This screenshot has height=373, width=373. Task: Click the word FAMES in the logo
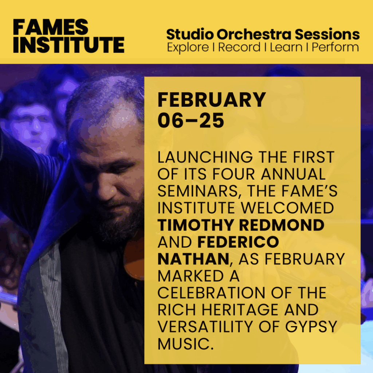[x=51, y=27]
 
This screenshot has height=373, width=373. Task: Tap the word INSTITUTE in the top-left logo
[x=69, y=44]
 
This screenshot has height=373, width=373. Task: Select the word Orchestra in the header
[x=254, y=34]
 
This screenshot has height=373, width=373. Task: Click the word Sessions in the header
[x=327, y=34]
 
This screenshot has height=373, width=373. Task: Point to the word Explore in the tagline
[x=188, y=48]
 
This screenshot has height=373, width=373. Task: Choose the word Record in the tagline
[x=239, y=47]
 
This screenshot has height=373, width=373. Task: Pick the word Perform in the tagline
[x=335, y=47]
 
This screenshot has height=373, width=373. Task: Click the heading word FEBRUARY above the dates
[x=212, y=100]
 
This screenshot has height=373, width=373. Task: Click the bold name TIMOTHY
[x=196, y=225]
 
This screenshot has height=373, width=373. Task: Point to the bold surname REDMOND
[x=282, y=225]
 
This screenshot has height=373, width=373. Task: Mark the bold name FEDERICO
[x=238, y=242]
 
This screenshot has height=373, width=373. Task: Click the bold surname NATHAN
[x=193, y=259]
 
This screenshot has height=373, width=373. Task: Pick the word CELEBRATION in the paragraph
[x=211, y=293]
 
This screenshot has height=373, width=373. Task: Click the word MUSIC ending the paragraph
[x=185, y=344]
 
